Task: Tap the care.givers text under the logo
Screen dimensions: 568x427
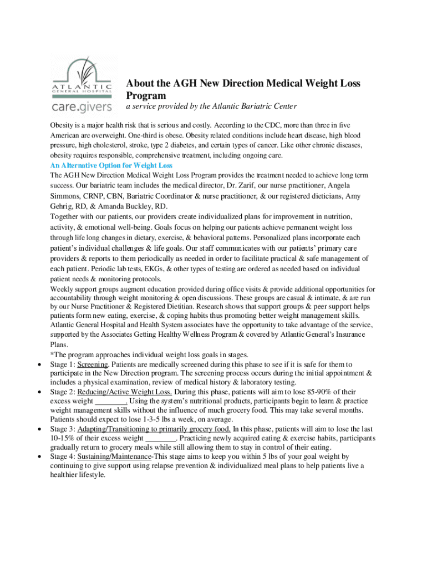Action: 82,105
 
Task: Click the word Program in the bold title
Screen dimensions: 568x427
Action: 146,95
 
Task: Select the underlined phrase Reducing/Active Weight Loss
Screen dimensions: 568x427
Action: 125,392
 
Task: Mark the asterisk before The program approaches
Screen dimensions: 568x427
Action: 52,355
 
